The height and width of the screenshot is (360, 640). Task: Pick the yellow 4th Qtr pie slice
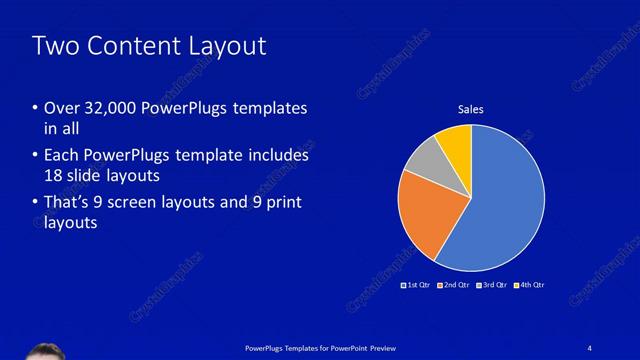(455, 142)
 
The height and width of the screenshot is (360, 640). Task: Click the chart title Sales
(471, 109)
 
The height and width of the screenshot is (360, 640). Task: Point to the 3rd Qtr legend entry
(491, 286)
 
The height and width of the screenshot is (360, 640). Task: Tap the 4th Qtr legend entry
(529, 286)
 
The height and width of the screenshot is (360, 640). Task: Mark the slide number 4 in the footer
(590, 347)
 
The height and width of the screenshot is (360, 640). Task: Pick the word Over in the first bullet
(62, 108)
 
